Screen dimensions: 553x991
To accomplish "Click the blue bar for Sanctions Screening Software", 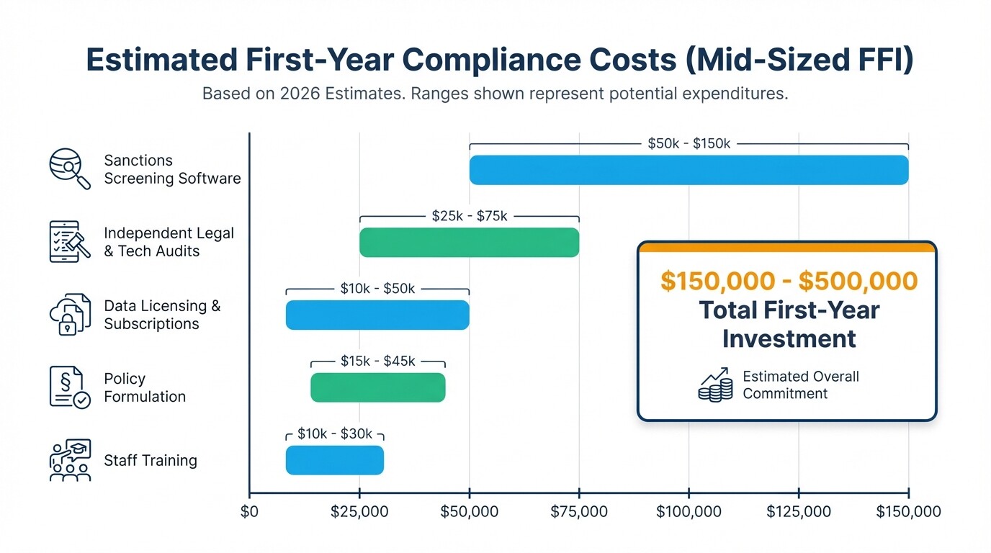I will (x=689, y=170).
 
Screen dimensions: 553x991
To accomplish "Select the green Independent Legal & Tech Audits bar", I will (x=469, y=243).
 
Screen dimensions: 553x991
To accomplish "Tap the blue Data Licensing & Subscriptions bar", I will (x=377, y=315).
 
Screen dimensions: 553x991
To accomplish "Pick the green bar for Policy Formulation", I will (x=378, y=388).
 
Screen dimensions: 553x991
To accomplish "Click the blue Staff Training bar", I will (x=335, y=461).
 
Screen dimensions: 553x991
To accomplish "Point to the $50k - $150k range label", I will (x=689, y=144).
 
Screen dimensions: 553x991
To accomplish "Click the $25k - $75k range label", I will (x=469, y=216).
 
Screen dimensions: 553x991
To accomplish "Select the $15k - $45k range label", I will (x=378, y=361).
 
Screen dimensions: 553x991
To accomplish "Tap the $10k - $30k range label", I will (x=335, y=434).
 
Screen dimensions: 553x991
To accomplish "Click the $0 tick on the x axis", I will (x=250, y=512).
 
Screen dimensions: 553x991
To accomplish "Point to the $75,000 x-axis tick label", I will (x=579, y=512).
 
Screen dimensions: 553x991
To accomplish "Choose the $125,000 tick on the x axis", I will (x=799, y=512).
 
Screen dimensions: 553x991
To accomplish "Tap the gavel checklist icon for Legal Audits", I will (x=69, y=242).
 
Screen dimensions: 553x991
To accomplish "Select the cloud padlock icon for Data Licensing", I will (x=69, y=315).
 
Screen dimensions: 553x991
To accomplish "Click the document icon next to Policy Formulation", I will (x=69, y=387).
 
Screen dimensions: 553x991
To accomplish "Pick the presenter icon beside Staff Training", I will (x=69, y=460).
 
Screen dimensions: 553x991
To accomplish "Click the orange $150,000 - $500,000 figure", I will (x=789, y=282).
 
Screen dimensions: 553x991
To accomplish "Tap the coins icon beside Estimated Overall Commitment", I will (x=715, y=385).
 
